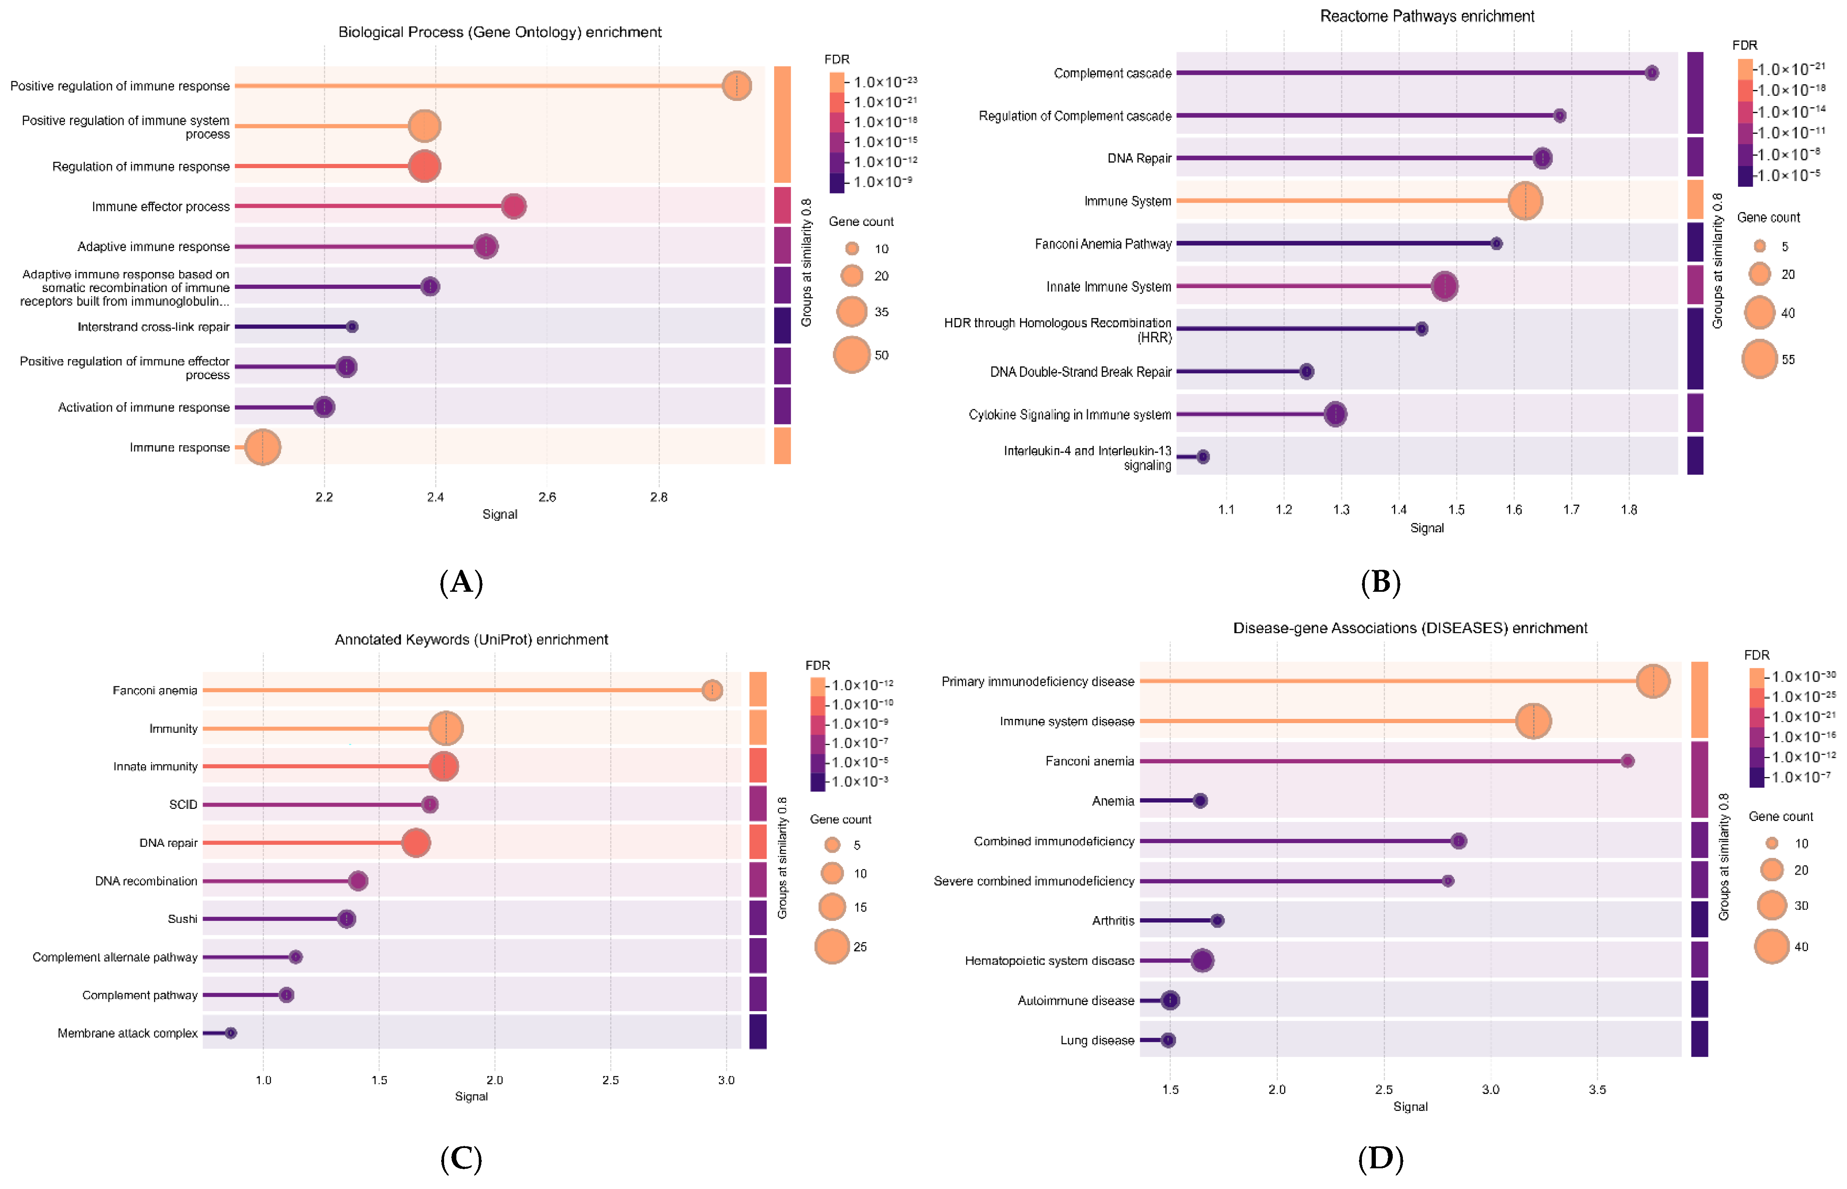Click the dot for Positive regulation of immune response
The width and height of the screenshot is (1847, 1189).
[737, 86]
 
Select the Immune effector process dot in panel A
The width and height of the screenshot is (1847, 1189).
[513, 206]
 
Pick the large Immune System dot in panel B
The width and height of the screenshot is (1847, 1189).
[1525, 201]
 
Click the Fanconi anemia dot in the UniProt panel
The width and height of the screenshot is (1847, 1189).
[712, 690]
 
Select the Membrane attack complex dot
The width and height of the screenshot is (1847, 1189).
[230, 1033]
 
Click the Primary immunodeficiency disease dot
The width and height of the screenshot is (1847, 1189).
[1653, 681]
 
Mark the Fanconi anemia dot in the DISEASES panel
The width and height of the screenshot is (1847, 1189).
[1627, 761]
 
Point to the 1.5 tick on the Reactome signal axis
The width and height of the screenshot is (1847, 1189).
[1456, 509]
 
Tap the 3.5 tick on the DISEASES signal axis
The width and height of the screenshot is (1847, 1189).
[1597, 1089]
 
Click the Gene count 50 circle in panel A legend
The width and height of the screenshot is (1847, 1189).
[852, 355]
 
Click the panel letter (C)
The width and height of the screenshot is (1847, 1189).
[461, 1159]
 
